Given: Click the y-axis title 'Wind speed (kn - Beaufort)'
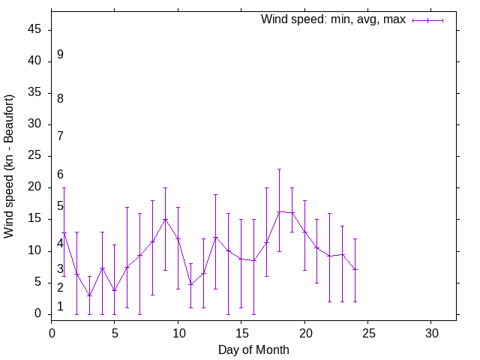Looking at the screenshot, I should click(9, 166).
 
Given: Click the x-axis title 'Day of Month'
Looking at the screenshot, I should click(253, 349).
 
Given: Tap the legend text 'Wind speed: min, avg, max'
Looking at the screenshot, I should click(333, 19).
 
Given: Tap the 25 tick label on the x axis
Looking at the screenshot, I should click(367, 331).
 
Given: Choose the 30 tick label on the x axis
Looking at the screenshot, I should click(430, 331).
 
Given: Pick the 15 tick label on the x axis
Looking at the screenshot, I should click(241, 331).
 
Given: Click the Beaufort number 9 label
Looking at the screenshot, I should click(60, 55).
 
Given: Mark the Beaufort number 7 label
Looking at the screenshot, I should click(60, 136).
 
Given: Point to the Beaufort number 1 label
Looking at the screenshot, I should click(60, 307).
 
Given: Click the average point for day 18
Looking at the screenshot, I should click(279, 211).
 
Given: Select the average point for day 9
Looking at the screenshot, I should click(165, 220).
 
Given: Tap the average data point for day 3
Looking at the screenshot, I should click(89, 295).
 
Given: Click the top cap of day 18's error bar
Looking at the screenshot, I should click(279, 169).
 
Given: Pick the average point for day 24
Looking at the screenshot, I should click(355, 269).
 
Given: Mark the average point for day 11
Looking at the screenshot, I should click(190, 284).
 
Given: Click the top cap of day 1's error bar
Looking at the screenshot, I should click(64, 187).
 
